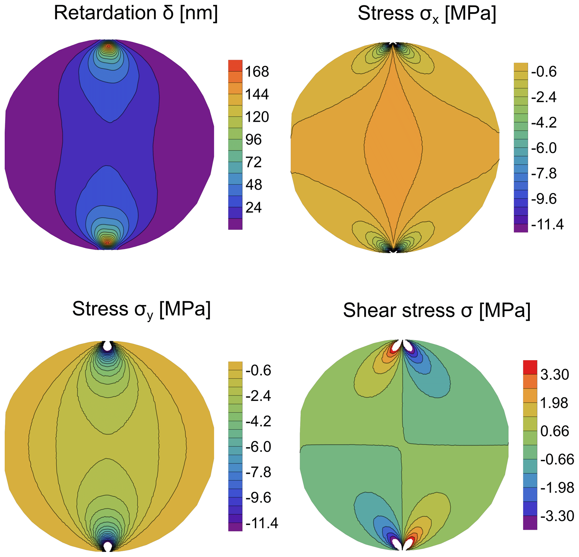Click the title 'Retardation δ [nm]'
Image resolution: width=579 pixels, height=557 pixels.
point(136,13)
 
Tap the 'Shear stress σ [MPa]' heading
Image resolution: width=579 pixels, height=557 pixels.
point(437,311)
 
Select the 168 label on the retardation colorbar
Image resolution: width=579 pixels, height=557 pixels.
point(257,72)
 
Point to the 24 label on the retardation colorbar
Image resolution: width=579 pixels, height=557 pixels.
point(254,208)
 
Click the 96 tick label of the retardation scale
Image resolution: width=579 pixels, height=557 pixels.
point(254,139)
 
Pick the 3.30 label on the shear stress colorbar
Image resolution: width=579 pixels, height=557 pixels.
point(554,375)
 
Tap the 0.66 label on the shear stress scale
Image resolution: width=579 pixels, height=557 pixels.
point(554,431)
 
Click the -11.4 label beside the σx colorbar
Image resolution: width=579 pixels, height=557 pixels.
point(547,225)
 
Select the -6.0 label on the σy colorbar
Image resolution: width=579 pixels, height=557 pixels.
point(258,447)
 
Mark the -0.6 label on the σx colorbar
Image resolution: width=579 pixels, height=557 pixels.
point(544,72)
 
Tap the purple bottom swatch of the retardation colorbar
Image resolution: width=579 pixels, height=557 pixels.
point(235,224)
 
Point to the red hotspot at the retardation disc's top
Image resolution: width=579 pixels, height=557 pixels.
point(109,46)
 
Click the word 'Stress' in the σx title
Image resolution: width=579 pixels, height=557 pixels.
point(385,13)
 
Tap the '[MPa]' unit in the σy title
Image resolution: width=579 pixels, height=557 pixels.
point(185,309)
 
